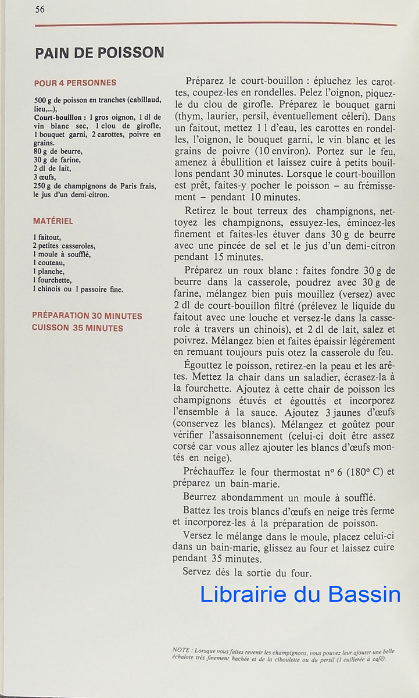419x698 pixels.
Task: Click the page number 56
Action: pyautogui.click(x=40, y=9)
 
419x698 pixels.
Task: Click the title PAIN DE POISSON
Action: pyautogui.click(x=99, y=53)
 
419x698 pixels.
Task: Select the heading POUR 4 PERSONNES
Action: pyautogui.click(x=75, y=83)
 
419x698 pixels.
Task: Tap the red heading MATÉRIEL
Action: pyautogui.click(x=53, y=221)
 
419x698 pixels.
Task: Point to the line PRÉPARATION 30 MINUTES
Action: pyautogui.click(x=87, y=316)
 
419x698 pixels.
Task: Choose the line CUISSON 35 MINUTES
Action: pyautogui.click(x=77, y=328)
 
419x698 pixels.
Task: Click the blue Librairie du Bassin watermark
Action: pyautogui.click(x=300, y=594)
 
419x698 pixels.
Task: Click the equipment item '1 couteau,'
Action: pyautogui.click(x=49, y=263)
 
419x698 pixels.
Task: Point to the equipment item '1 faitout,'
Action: pyautogui.click(x=47, y=237)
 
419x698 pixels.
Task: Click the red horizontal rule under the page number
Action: pyautogui.click(x=216, y=25)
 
